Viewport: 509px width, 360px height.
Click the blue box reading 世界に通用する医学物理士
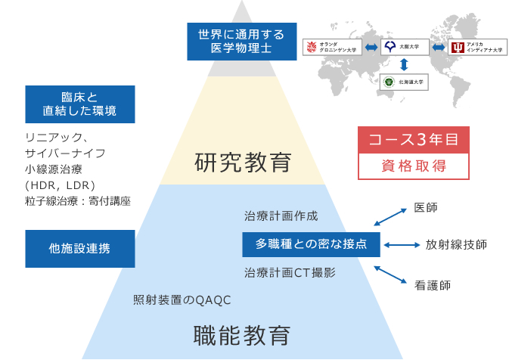[x=236, y=42]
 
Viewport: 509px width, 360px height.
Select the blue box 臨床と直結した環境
[x=80, y=104]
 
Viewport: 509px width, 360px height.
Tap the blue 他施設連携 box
[x=80, y=248]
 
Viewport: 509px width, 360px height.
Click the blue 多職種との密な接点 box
[x=311, y=244]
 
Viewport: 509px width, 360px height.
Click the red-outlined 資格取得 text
[x=413, y=166]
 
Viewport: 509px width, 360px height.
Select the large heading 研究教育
[x=243, y=162]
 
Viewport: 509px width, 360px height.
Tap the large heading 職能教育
[x=242, y=334]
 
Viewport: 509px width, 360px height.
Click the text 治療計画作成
[x=275, y=216]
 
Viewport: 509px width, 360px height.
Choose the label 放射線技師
[x=456, y=244]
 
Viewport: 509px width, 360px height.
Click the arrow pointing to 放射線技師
[x=402, y=244]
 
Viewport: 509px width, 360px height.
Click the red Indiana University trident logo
[x=458, y=48]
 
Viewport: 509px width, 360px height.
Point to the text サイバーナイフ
[x=65, y=153]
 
